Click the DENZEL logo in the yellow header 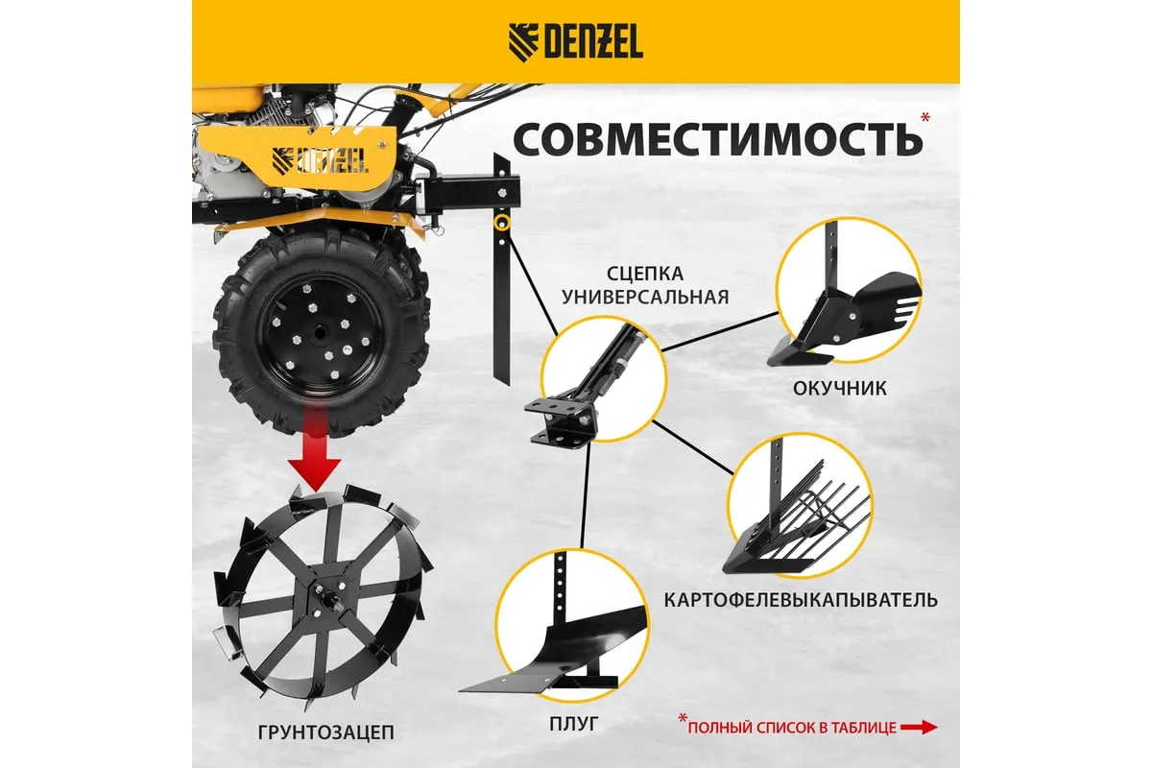[575, 43]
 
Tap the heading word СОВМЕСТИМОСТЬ [718, 140]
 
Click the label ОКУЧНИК [840, 389]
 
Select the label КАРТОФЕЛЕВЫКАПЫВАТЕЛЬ [801, 600]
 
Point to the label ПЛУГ [574, 724]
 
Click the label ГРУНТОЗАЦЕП [326, 732]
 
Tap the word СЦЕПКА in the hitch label [645, 274]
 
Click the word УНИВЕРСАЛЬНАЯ [645, 297]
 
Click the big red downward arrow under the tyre [315, 444]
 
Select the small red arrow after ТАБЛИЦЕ [920, 727]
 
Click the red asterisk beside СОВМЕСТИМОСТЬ [925, 117]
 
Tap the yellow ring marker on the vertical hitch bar [501, 223]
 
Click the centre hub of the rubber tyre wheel [321, 332]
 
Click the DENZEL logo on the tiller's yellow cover [321, 161]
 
